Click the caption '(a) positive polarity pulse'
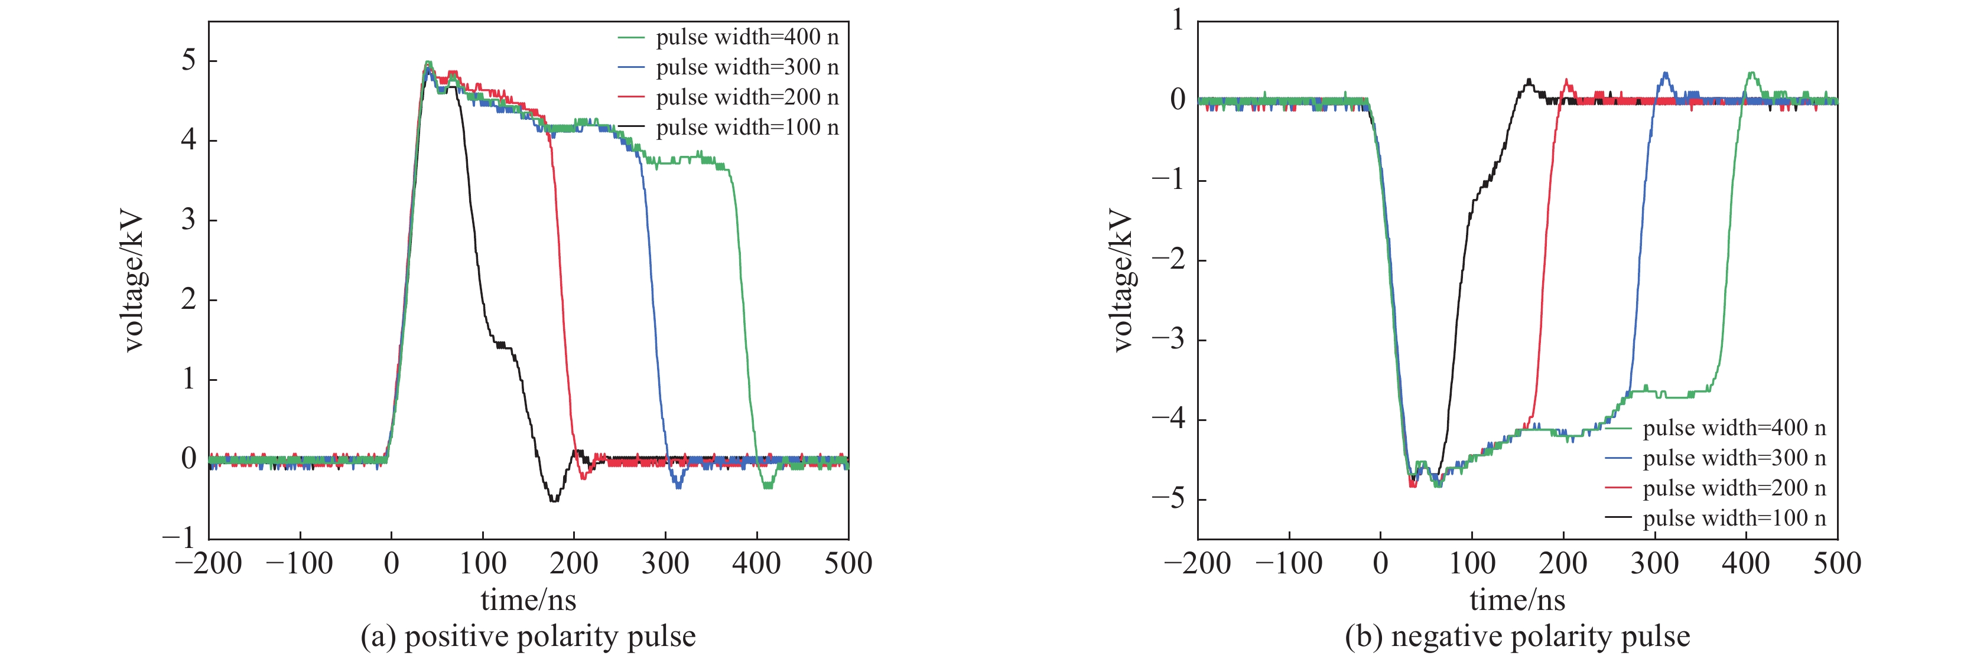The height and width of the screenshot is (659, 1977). click(528, 636)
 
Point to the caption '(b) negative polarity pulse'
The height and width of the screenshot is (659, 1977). click(1517, 636)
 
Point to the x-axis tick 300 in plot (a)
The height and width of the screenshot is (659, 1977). click(665, 563)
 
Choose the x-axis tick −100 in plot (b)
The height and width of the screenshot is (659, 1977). click(1289, 563)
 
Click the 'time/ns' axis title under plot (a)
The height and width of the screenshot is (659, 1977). click(528, 600)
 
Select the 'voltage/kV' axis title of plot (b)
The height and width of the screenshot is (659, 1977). click(1122, 280)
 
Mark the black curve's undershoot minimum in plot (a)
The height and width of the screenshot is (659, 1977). click(554, 500)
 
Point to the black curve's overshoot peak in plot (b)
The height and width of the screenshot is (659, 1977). click(1529, 80)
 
